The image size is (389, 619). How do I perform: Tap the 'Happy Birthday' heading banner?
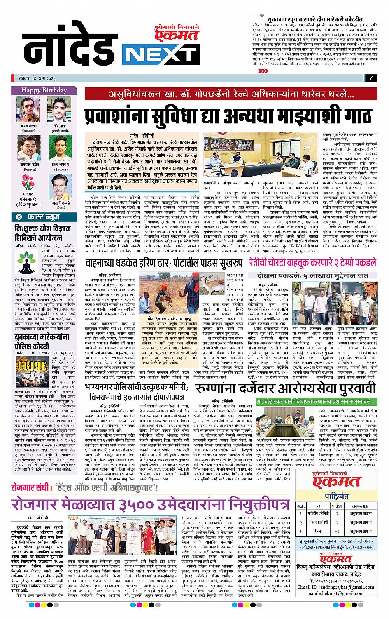point(44,90)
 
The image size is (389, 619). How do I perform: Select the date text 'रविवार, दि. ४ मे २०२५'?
point(45,78)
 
